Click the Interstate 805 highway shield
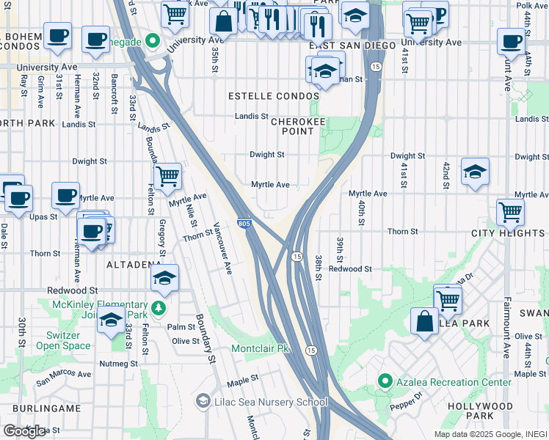pyautogui.click(x=244, y=222)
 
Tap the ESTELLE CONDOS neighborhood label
pyautogui.click(x=273, y=97)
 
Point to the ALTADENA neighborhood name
pyautogui.click(x=134, y=264)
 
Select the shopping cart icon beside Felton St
pyautogui.click(x=168, y=176)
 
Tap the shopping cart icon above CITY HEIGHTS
pyautogui.click(x=510, y=213)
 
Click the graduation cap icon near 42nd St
pyautogui.click(x=475, y=172)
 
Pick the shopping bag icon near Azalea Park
pyautogui.click(x=424, y=321)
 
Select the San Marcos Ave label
pyautogui.click(x=64, y=374)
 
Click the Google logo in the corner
pyautogui.click(x=23, y=431)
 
